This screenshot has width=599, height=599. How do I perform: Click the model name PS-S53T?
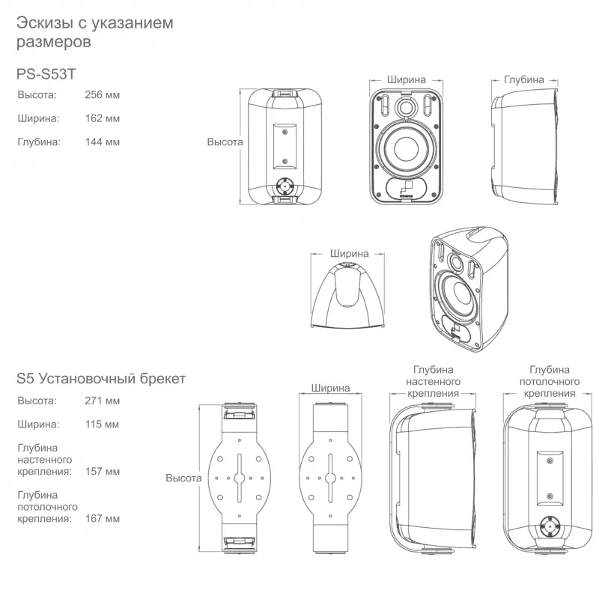click(x=46, y=73)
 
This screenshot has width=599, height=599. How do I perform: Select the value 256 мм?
click(x=103, y=95)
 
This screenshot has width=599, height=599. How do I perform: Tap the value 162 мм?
click(x=103, y=118)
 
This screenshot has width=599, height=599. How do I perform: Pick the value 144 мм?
click(x=103, y=142)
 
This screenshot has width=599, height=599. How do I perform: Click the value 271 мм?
click(x=103, y=401)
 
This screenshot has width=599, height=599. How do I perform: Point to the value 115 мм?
click(x=102, y=425)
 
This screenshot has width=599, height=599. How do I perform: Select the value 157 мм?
click(x=103, y=472)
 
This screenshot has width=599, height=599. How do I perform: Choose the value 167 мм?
click(x=103, y=519)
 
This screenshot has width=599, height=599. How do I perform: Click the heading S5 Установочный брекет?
click(x=101, y=379)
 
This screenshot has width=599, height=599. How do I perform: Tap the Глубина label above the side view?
click(x=523, y=79)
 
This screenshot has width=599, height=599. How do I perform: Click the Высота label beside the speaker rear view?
click(x=225, y=142)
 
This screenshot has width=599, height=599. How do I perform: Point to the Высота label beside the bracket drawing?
click(x=183, y=478)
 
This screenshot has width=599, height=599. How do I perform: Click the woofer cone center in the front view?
click(x=406, y=147)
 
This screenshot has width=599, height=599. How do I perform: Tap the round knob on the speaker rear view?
click(x=285, y=186)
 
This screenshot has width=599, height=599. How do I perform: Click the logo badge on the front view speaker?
click(x=406, y=189)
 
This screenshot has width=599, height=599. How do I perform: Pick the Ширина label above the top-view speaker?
click(x=349, y=254)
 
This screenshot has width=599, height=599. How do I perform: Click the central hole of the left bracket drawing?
click(x=239, y=478)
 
